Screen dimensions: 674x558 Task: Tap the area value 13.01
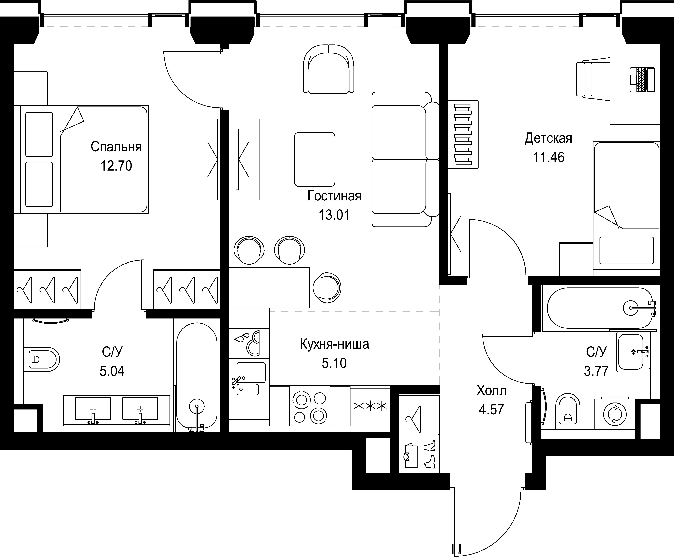[x=334, y=215]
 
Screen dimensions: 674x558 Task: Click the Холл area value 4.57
[x=491, y=410]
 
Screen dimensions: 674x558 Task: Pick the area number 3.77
[x=596, y=371]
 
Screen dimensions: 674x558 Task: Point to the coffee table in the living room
[x=315, y=160]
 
